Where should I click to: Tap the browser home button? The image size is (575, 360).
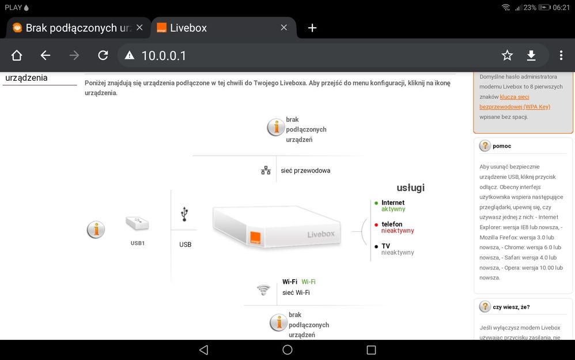click(17, 55)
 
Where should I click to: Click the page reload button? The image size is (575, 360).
click(103, 55)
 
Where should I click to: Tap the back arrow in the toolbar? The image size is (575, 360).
click(46, 55)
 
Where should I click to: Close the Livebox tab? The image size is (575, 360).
click(283, 28)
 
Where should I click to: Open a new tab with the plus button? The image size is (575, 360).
click(312, 28)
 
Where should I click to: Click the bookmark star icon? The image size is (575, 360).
click(507, 55)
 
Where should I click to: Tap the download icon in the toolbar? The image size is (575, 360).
click(531, 55)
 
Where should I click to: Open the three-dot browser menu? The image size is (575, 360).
click(561, 55)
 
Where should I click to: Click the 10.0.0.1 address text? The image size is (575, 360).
click(164, 55)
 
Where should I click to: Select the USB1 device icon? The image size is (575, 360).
click(137, 224)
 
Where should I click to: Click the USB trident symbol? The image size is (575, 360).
click(184, 215)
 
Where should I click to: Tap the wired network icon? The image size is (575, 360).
click(266, 171)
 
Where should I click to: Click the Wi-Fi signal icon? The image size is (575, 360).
click(263, 290)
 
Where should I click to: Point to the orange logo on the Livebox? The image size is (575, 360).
click(255, 237)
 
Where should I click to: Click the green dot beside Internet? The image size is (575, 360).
click(376, 203)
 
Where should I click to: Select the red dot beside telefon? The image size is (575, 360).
click(376, 224)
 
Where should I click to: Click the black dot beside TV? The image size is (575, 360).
click(376, 246)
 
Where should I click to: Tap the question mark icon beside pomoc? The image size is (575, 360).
click(485, 146)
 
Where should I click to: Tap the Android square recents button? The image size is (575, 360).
click(371, 350)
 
